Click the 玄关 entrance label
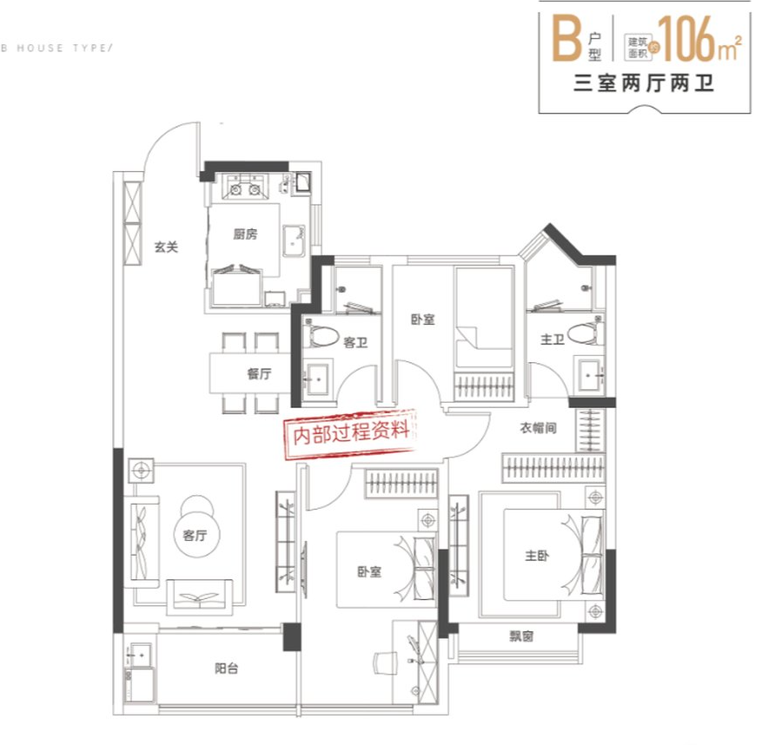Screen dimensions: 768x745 [x=166, y=247]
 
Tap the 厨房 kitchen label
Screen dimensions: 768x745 [x=245, y=234]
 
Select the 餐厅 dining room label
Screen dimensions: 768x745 [x=259, y=374]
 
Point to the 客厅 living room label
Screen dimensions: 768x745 [x=195, y=536]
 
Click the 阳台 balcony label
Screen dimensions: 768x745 [x=226, y=668]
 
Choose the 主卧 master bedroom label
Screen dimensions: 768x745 [x=537, y=556]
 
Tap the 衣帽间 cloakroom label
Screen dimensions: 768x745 [x=539, y=428]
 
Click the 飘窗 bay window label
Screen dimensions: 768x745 [x=521, y=636]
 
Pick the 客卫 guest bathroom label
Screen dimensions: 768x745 [x=355, y=342]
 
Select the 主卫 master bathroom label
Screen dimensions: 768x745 [x=552, y=340]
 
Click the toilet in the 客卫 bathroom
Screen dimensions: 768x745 [x=321, y=333]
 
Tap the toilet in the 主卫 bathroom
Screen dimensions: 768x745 [x=586, y=331]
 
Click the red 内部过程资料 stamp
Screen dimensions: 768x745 [x=351, y=432]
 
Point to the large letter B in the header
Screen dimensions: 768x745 [x=566, y=37]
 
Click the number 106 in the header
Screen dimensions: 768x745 [x=688, y=38]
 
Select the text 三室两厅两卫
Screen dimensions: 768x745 [x=643, y=83]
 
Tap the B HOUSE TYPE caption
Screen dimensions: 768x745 [x=56, y=48]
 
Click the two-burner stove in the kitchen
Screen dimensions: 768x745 [x=245, y=188]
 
